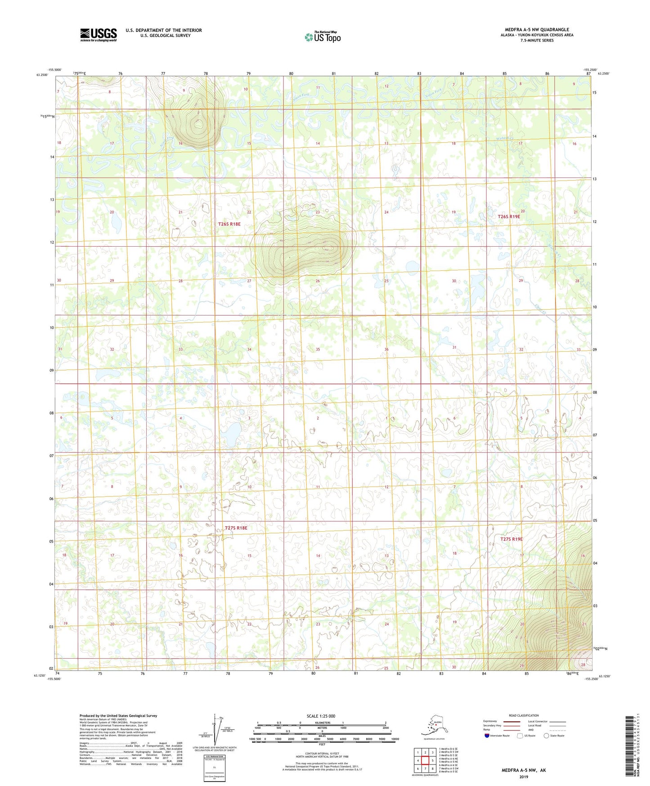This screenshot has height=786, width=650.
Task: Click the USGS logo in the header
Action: pos(99,35)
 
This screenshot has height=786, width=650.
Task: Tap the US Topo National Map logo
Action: pos(322,37)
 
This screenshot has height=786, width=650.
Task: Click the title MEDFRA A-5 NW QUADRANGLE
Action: pos(537,30)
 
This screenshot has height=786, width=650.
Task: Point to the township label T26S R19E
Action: pos(509,217)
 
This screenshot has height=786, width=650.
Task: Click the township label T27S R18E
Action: pos(236,528)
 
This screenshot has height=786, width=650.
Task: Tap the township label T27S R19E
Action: pos(511,539)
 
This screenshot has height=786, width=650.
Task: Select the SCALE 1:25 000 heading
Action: pos(321,716)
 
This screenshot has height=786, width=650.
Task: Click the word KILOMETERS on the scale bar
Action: pos(321,723)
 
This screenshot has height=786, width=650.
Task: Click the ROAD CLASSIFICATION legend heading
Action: pos(524,715)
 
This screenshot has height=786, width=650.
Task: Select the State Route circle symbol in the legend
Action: pos(547,736)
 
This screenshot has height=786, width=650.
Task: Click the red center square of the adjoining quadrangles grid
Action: pos(425,761)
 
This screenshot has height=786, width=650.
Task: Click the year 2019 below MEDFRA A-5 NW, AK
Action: pos(524,777)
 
